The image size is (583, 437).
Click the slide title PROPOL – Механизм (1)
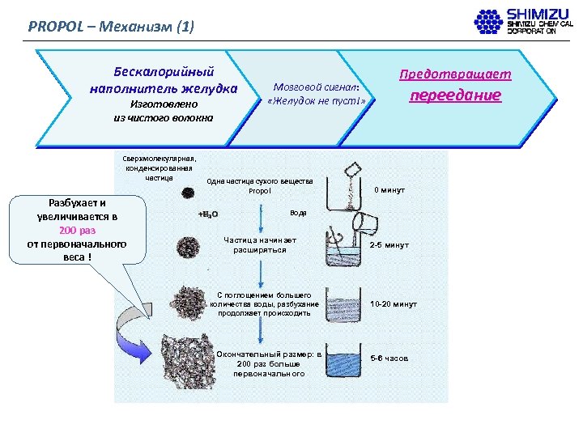point(111,25)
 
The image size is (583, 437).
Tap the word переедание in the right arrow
point(455,95)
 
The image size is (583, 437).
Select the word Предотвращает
point(455,74)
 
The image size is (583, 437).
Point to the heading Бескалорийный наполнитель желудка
point(164,79)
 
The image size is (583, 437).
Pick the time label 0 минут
point(389,190)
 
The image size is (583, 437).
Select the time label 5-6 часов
point(389,358)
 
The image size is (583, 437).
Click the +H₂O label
point(208,214)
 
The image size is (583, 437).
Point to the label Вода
point(298,213)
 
